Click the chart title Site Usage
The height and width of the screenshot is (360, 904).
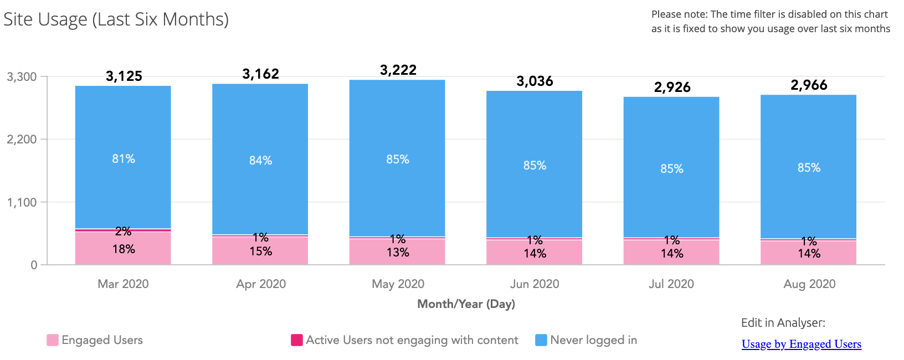tap(116, 19)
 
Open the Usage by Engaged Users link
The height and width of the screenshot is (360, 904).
tap(801, 344)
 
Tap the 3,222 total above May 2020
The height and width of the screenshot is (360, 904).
tap(398, 70)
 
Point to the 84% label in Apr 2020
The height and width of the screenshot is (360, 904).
tap(260, 161)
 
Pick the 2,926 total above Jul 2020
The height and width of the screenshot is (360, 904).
tap(672, 88)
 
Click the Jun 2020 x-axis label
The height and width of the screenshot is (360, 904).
tap(535, 284)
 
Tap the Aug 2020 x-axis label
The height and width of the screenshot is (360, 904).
tap(809, 284)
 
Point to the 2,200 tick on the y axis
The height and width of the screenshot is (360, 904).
tap(22, 140)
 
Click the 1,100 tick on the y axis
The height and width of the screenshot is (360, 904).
tap(22, 203)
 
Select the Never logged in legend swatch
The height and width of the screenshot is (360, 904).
tap(541, 340)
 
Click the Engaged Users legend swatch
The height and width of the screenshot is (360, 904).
tap(53, 340)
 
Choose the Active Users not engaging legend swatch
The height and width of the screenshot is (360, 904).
tap(297, 340)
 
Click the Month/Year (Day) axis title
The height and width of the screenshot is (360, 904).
tap(466, 304)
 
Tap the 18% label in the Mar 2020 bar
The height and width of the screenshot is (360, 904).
tap(124, 249)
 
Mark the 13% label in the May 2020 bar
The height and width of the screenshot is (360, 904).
tap(398, 253)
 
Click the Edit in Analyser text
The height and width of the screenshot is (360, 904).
tap(783, 323)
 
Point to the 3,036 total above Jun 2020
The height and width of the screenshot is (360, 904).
tap(535, 81)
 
